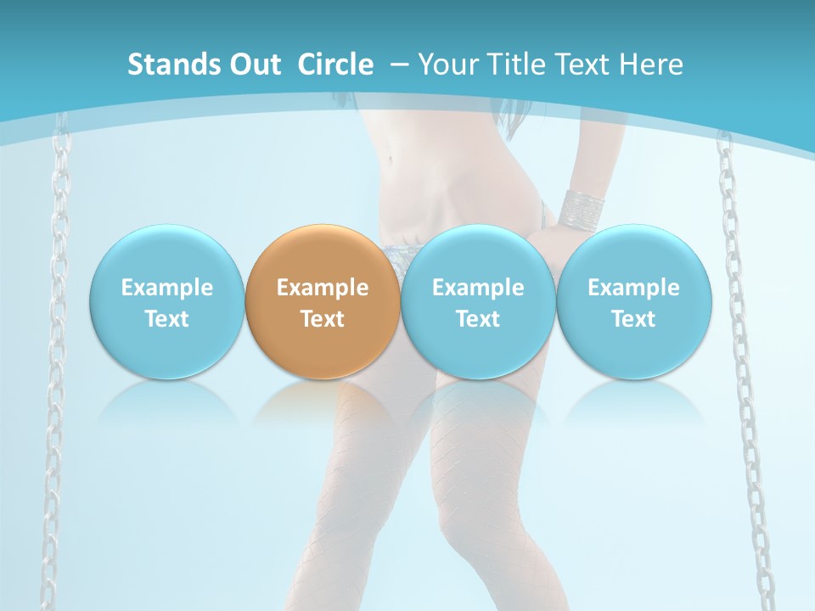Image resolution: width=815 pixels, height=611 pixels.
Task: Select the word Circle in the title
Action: coord(335,64)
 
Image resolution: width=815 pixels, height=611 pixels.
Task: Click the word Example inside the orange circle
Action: coord(323,288)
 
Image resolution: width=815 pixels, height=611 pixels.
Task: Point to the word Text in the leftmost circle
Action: coord(166,319)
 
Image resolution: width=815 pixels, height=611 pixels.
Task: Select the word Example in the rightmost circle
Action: coord(634,288)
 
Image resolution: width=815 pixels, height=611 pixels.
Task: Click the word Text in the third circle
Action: coord(478,319)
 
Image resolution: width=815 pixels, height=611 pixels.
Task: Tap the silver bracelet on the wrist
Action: coord(582,206)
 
